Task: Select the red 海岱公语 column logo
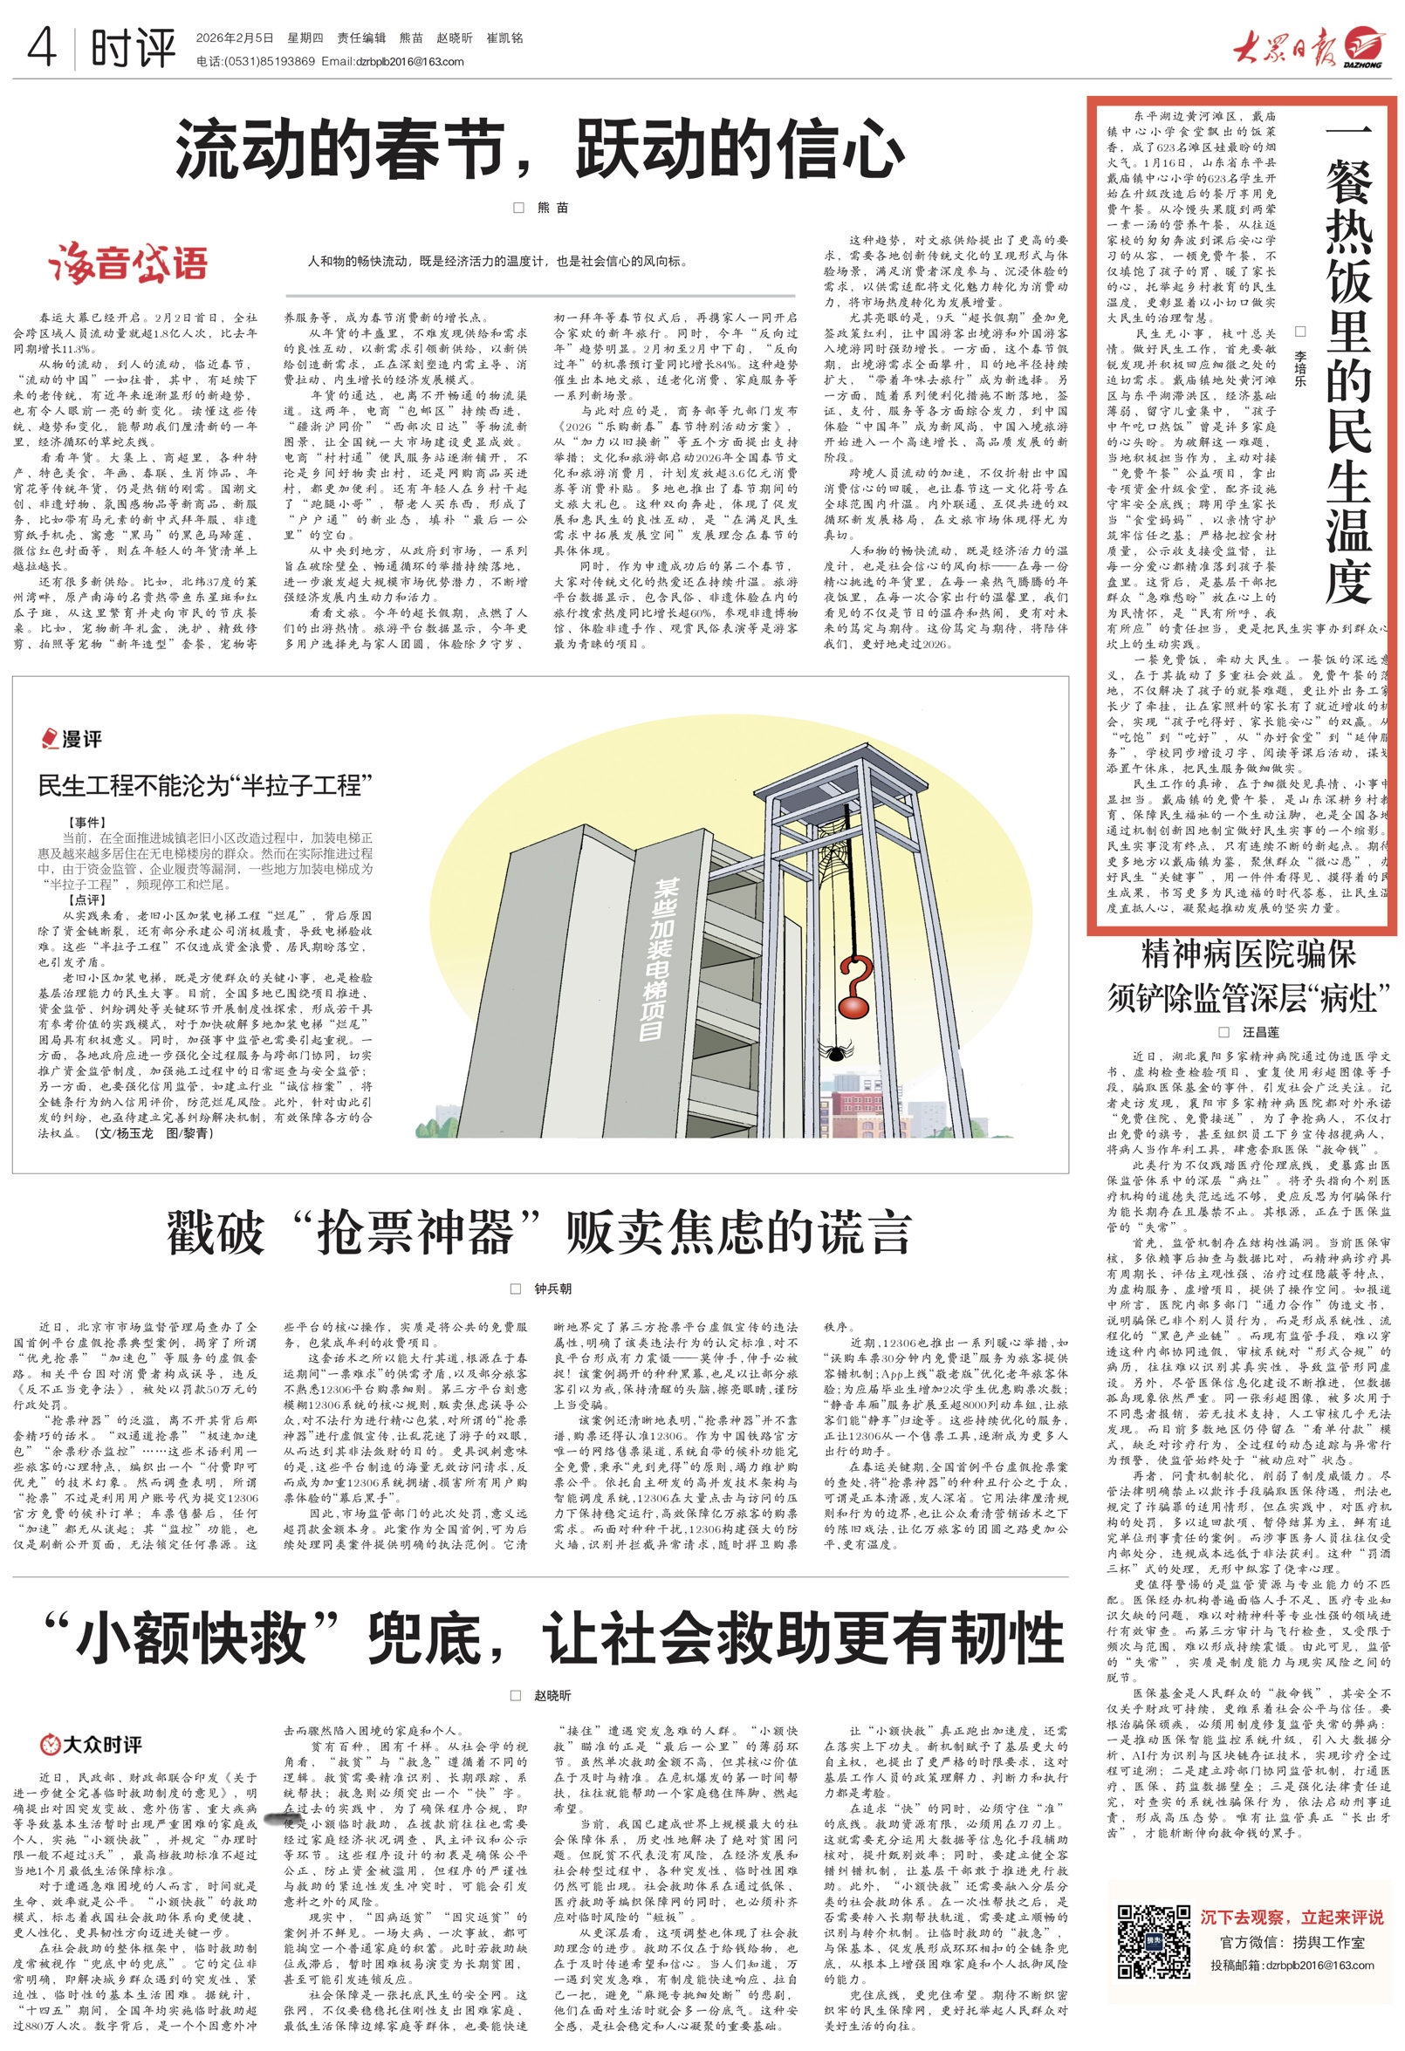pyautogui.click(x=128, y=263)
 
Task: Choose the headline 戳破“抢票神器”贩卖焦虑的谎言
pyautogui.click(x=538, y=1233)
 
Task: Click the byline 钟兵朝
pyautogui.click(x=552, y=1289)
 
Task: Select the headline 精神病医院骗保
pyautogui.click(x=1248, y=954)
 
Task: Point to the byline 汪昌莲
pyautogui.click(x=1260, y=1032)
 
